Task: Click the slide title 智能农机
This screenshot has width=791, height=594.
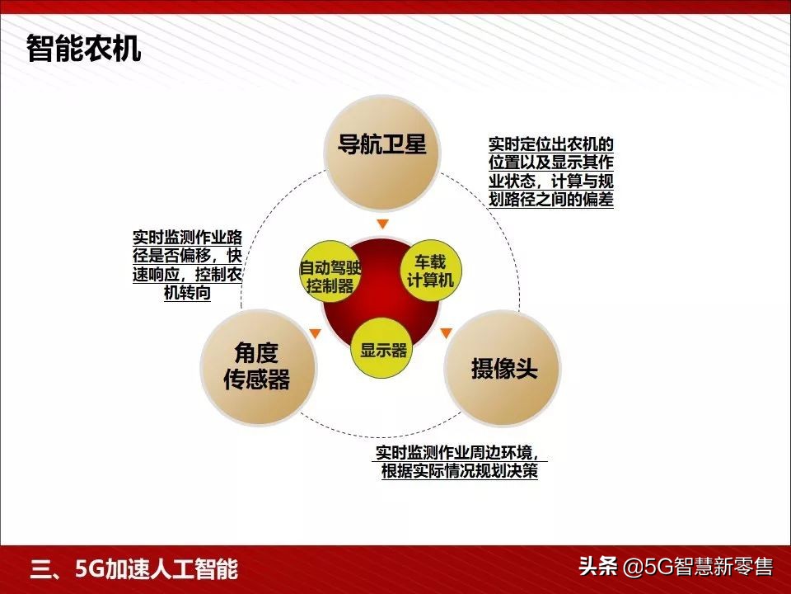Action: (x=83, y=49)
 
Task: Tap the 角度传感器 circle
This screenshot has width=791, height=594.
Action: (x=258, y=366)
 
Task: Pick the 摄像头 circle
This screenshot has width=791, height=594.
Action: (x=503, y=368)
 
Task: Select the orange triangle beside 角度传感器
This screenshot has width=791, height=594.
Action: (x=314, y=333)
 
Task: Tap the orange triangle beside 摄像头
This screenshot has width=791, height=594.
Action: (x=446, y=333)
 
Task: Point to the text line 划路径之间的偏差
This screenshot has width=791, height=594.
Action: (x=551, y=199)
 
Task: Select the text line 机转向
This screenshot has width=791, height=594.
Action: (x=188, y=294)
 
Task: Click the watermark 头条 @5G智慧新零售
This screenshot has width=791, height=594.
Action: (x=676, y=567)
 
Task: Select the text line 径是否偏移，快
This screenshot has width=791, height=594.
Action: (x=188, y=256)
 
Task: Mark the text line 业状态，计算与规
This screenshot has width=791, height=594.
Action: (x=551, y=181)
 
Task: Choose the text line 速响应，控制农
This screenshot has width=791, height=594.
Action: (x=188, y=275)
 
